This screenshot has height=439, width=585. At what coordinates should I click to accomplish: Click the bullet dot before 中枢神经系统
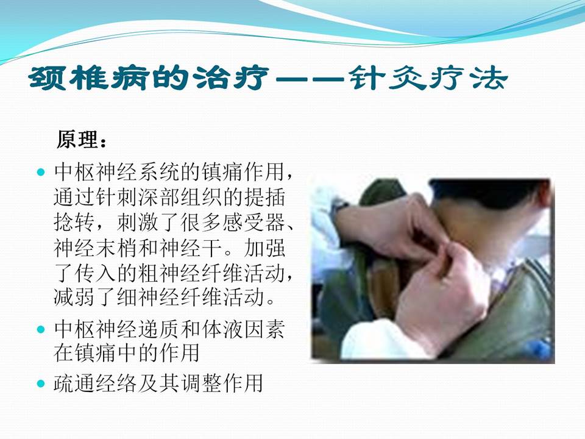tap(41, 173)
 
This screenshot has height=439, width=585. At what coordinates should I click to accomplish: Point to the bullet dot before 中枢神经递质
tap(41, 330)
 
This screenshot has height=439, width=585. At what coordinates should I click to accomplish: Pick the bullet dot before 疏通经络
tap(41, 384)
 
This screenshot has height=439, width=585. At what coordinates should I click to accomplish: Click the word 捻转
tap(69, 223)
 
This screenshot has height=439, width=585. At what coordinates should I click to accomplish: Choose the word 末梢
tap(126, 249)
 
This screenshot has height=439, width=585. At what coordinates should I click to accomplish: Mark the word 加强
tap(271, 249)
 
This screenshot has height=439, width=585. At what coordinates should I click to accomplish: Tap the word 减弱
tap(69, 299)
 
